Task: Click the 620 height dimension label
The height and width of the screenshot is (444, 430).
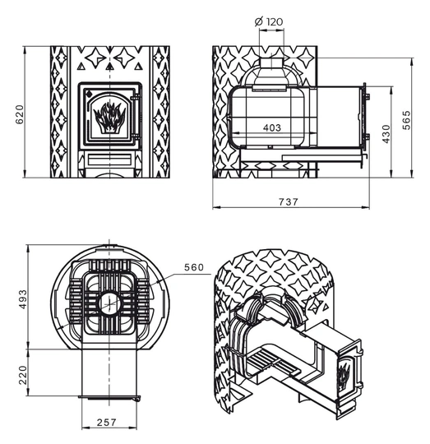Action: [20, 114]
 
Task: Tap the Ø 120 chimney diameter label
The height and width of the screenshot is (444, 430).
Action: [269, 21]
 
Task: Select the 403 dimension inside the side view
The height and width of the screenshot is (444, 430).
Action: [272, 128]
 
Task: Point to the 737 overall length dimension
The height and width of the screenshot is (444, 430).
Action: [289, 202]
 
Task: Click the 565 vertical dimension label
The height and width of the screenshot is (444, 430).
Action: [406, 120]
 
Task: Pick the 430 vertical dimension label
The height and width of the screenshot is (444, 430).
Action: [386, 134]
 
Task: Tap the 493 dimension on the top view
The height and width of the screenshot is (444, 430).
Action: [23, 299]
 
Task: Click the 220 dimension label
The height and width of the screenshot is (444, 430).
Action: [23, 375]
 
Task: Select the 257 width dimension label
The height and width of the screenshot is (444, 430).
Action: [106, 423]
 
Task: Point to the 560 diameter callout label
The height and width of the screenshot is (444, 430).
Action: [194, 267]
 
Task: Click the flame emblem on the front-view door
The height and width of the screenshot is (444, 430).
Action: [109, 118]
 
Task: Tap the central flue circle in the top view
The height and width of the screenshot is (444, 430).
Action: [109, 303]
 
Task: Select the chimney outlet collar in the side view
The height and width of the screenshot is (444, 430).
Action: [271, 63]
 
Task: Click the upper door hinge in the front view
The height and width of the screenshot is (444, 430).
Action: [136, 98]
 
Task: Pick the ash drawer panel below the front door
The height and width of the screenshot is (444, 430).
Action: [109, 160]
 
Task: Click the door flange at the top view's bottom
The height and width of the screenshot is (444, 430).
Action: [109, 398]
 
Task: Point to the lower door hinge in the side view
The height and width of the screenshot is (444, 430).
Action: [367, 137]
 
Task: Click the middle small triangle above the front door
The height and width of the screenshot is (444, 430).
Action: [109, 67]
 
